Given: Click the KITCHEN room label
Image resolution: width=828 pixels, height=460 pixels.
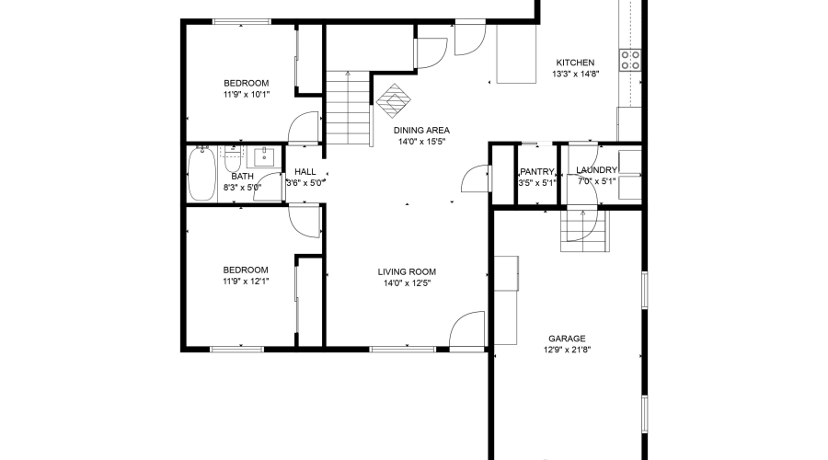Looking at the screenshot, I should (x=575, y=63).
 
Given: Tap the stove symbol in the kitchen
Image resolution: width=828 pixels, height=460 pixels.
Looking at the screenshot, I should (x=630, y=61).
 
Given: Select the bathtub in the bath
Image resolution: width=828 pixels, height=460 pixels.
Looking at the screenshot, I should (x=201, y=175).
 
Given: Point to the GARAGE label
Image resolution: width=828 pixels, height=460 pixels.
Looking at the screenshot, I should (x=567, y=339).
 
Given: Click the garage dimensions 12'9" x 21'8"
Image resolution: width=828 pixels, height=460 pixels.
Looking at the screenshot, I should (x=567, y=351).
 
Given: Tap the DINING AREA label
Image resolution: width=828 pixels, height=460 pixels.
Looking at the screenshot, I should (x=423, y=131).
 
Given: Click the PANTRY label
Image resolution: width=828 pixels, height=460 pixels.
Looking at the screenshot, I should (x=536, y=171).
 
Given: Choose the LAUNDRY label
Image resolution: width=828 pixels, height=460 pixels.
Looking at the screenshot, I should (x=596, y=170).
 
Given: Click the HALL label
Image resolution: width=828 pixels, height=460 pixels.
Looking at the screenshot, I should (x=305, y=171).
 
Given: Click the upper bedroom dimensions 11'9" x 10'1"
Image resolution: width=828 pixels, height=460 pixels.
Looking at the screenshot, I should (x=245, y=94).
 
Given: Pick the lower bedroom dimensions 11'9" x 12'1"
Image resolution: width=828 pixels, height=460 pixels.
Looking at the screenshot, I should (x=245, y=282).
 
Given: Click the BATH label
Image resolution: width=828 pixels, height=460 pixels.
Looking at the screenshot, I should (x=242, y=176).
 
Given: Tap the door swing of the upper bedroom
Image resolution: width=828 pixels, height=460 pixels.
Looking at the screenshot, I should (x=305, y=127).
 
